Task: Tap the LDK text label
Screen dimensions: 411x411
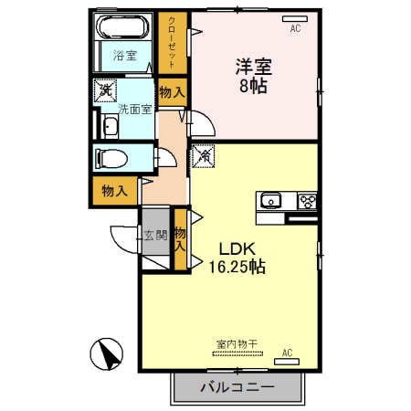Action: [x=234, y=249]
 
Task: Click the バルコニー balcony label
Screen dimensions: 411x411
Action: [x=237, y=387]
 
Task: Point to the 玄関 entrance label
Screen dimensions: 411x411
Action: [x=154, y=235]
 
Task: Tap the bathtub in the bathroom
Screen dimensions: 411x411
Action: [x=125, y=28]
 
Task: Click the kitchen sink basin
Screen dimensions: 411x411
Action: [x=270, y=201]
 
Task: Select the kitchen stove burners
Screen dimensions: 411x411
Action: [x=306, y=201]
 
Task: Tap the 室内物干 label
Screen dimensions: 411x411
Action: [x=237, y=344]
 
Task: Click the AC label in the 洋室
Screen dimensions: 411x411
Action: [x=295, y=29]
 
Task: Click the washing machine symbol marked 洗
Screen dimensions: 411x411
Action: [x=106, y=90]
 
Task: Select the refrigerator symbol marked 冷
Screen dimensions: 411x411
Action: [x=203, y=157]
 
